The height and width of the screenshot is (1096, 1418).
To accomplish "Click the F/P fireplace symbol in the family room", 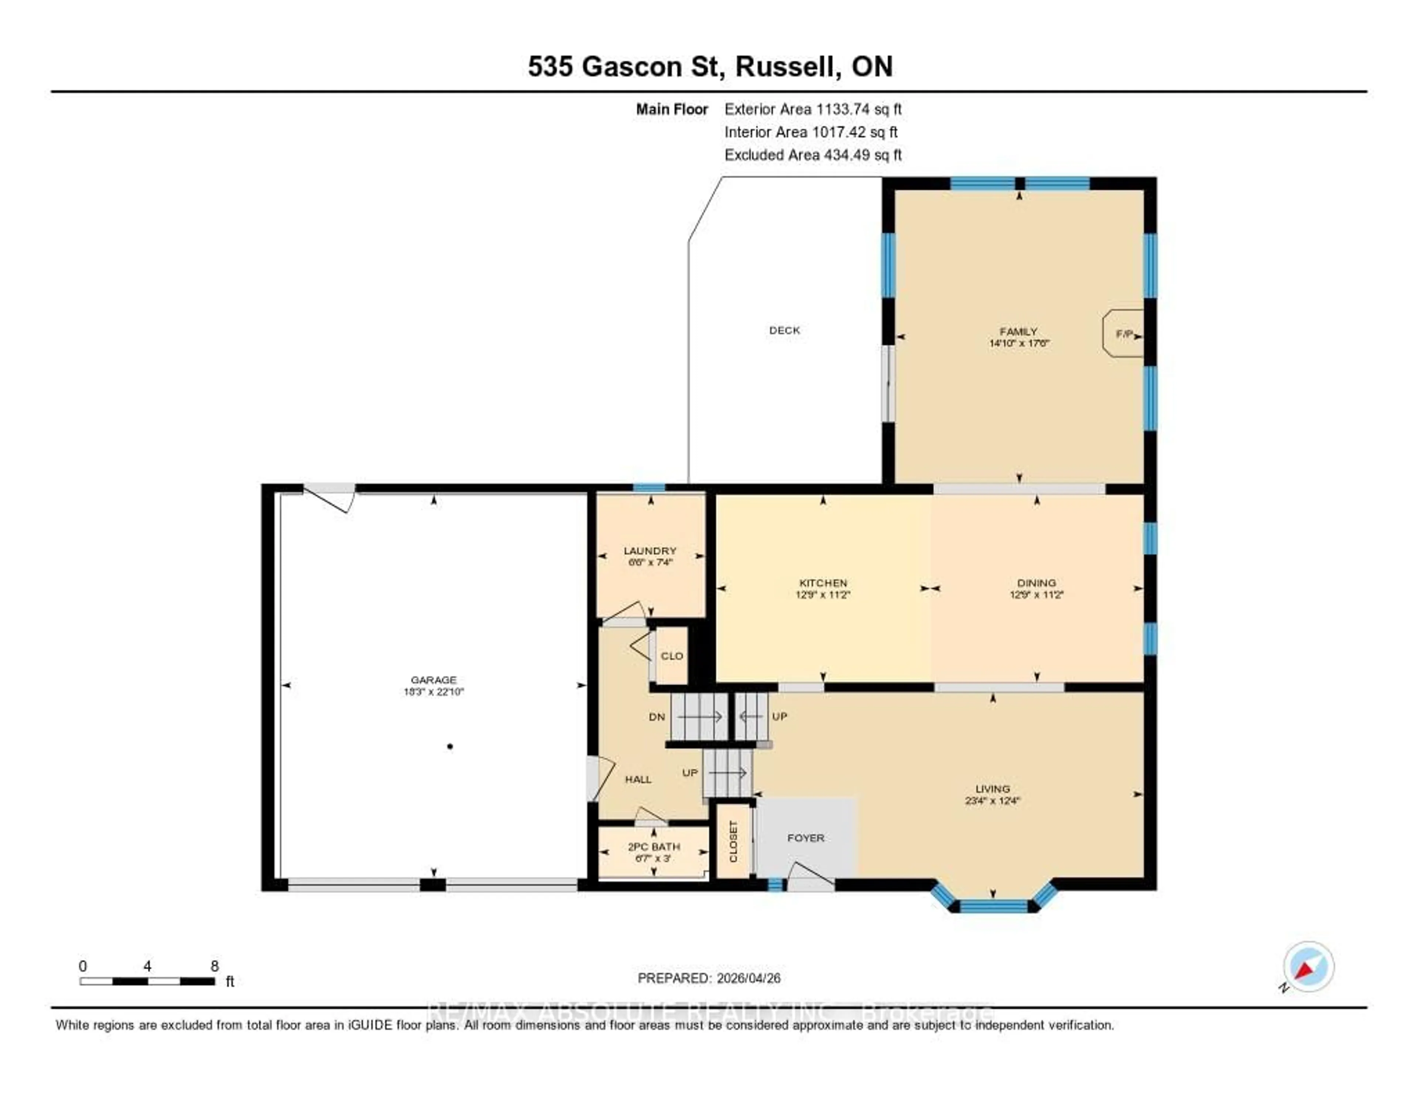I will (1124, 334).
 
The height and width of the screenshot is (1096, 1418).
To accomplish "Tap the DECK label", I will (784, 330).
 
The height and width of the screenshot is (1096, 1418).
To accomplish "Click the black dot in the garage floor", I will (450, 746).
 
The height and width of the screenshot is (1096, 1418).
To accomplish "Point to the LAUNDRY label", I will (650, 550).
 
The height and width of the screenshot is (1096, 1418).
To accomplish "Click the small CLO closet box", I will (671, 656).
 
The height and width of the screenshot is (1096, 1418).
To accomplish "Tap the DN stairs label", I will (657, 717).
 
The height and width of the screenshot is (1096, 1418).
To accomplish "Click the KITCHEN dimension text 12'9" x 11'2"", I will (823, 595).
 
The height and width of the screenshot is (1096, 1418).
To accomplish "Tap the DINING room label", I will (1036, 583).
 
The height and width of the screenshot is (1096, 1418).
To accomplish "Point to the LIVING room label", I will (992, 789).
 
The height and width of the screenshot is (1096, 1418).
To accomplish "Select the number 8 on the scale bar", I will (215, 966).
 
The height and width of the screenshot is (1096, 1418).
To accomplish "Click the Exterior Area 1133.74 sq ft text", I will (813, 109).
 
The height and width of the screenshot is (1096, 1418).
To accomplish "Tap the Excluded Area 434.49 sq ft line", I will (813, 154).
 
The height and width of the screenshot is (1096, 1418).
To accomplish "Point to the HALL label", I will (638, 779).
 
